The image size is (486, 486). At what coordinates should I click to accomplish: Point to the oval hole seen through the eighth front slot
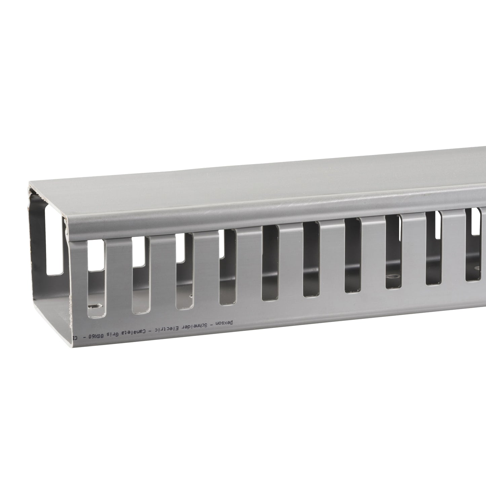(x=392, y=278)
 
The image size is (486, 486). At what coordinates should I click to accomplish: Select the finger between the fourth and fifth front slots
(x=249, y=266)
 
